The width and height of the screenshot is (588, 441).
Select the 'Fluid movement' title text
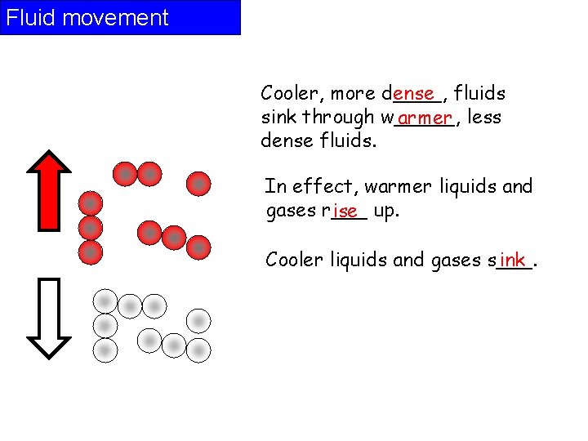click(x=87, y=18)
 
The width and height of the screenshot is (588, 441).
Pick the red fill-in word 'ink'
click(x=512, y=259)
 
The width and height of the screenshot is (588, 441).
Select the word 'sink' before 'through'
click(x=278, y=118)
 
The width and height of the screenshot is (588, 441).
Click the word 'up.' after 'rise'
click(x=385, y=212)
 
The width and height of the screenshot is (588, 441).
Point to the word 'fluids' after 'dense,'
click(x=479, y=94)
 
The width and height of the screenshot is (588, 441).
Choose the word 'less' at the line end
click(x=485, y=118)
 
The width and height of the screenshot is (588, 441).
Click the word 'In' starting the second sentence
click(x=273, y=187)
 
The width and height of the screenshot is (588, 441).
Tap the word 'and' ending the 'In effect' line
click(x=518, y=187)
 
